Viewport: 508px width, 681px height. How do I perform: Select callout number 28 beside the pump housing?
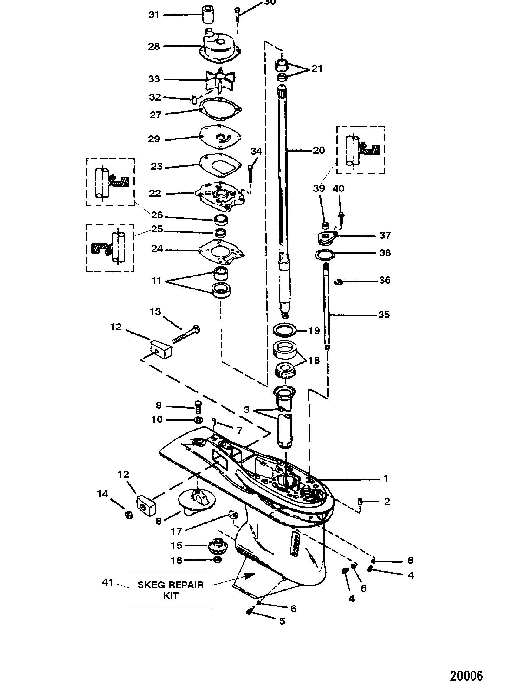(x=154, y=47)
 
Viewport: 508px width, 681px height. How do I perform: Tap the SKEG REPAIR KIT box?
(x=171, y=590)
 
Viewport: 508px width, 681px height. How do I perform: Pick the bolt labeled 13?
(x=186, y=335)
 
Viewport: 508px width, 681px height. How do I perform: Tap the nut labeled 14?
(x=129, y=515)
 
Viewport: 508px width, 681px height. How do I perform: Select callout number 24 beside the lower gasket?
(x=157, y=249)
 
